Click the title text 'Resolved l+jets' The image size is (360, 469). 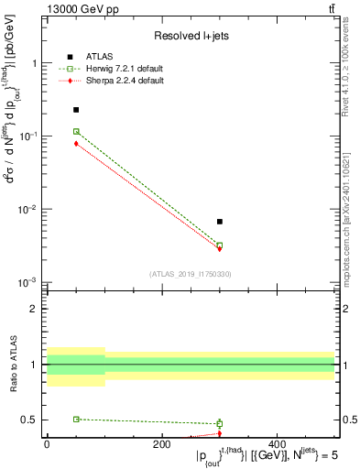pos(191,36)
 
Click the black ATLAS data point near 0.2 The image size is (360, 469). pos(76,110)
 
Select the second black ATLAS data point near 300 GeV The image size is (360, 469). pos(220,222)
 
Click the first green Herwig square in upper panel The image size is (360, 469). pos(76,131)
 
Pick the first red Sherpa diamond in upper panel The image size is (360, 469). pos(76,144)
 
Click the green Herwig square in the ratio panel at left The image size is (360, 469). pos(76,419)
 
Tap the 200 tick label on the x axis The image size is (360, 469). pos(161,443)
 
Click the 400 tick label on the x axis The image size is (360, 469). pos(277,443)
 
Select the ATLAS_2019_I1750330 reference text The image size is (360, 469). pos(191,273)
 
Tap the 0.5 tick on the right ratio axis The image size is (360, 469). pos(348,420)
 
